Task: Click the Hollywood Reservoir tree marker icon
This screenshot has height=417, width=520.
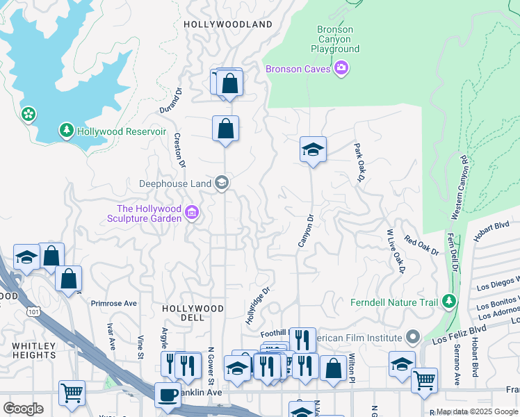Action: click(67, 131)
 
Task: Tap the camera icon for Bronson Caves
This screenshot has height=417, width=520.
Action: click(341, 68)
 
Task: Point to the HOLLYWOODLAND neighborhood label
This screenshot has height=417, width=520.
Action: click(228, 24)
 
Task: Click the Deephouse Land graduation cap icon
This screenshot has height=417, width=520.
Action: click(222, 183)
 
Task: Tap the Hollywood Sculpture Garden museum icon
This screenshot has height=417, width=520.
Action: click(193, 211)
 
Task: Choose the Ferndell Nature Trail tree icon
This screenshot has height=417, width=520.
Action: click(450, 301)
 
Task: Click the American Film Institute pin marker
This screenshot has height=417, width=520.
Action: click(413, 337)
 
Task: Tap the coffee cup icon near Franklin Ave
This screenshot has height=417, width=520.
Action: click(167, 394)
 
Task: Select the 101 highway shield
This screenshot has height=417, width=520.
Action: click(34, 312)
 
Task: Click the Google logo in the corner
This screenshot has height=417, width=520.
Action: click(23, 408)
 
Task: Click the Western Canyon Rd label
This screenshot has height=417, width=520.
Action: click(460, 188)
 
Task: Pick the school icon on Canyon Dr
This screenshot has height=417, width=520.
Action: click(313, 149)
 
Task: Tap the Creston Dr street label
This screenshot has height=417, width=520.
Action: click(181, 151)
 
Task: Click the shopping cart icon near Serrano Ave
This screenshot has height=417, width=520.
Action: click(424, 380)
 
